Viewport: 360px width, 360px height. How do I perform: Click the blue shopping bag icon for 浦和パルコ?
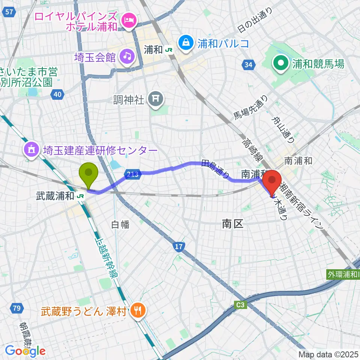click(186, 43)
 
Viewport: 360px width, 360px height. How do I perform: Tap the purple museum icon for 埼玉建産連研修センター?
click(31, 150)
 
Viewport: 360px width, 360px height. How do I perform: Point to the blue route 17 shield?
click(179, 246)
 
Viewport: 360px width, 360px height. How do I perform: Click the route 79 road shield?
click(16, 308)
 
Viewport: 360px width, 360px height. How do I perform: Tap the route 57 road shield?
click(10, 12)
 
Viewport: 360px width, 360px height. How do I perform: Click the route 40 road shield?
click(57, 94)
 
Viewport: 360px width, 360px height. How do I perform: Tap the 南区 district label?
click(232, 224)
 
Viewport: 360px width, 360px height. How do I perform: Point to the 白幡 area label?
click(120, 224)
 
